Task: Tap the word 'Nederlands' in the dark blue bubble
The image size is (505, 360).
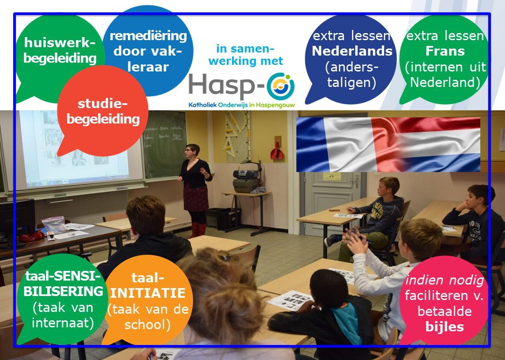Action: pos(352,51)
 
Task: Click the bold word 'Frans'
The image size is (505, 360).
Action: pos(445,51)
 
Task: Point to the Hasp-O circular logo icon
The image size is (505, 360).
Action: pos(281,86)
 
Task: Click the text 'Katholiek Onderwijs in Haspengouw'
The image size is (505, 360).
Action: pos(242,105)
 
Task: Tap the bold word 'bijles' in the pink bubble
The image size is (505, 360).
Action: pos(445,326)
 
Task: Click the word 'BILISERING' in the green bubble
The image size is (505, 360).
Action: pos(63,291)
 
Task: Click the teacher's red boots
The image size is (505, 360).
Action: pos(198,229)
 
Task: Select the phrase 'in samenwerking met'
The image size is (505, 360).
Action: pos(245,55)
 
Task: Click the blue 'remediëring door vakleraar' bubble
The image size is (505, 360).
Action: pos(148,51)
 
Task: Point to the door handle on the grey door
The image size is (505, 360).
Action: pos(356,180)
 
